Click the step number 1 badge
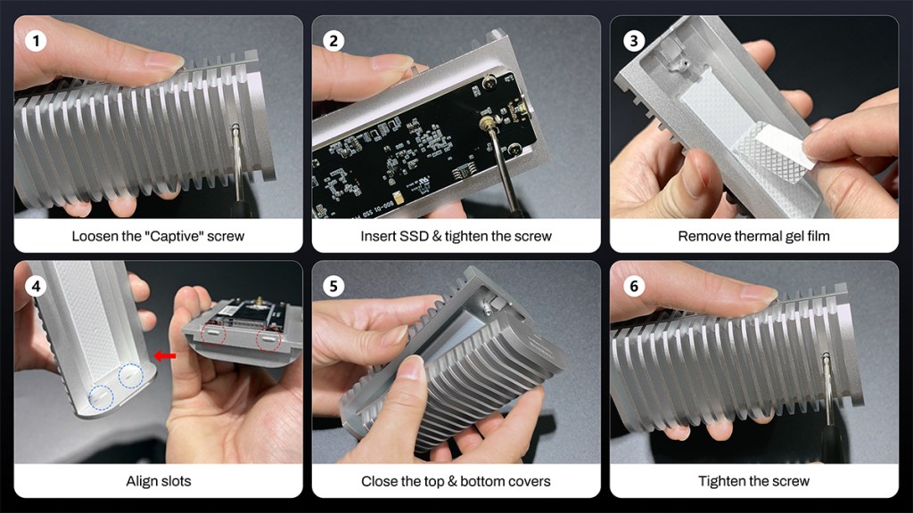click(36, 41)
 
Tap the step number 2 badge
click(333, 41)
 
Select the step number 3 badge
click(631, 41)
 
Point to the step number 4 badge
click(36, 287)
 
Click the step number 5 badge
click(333, 287)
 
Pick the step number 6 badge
click(631, 287)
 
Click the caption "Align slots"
click(158, 482)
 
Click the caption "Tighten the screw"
click(753, 482)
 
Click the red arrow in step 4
click(164, 356)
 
